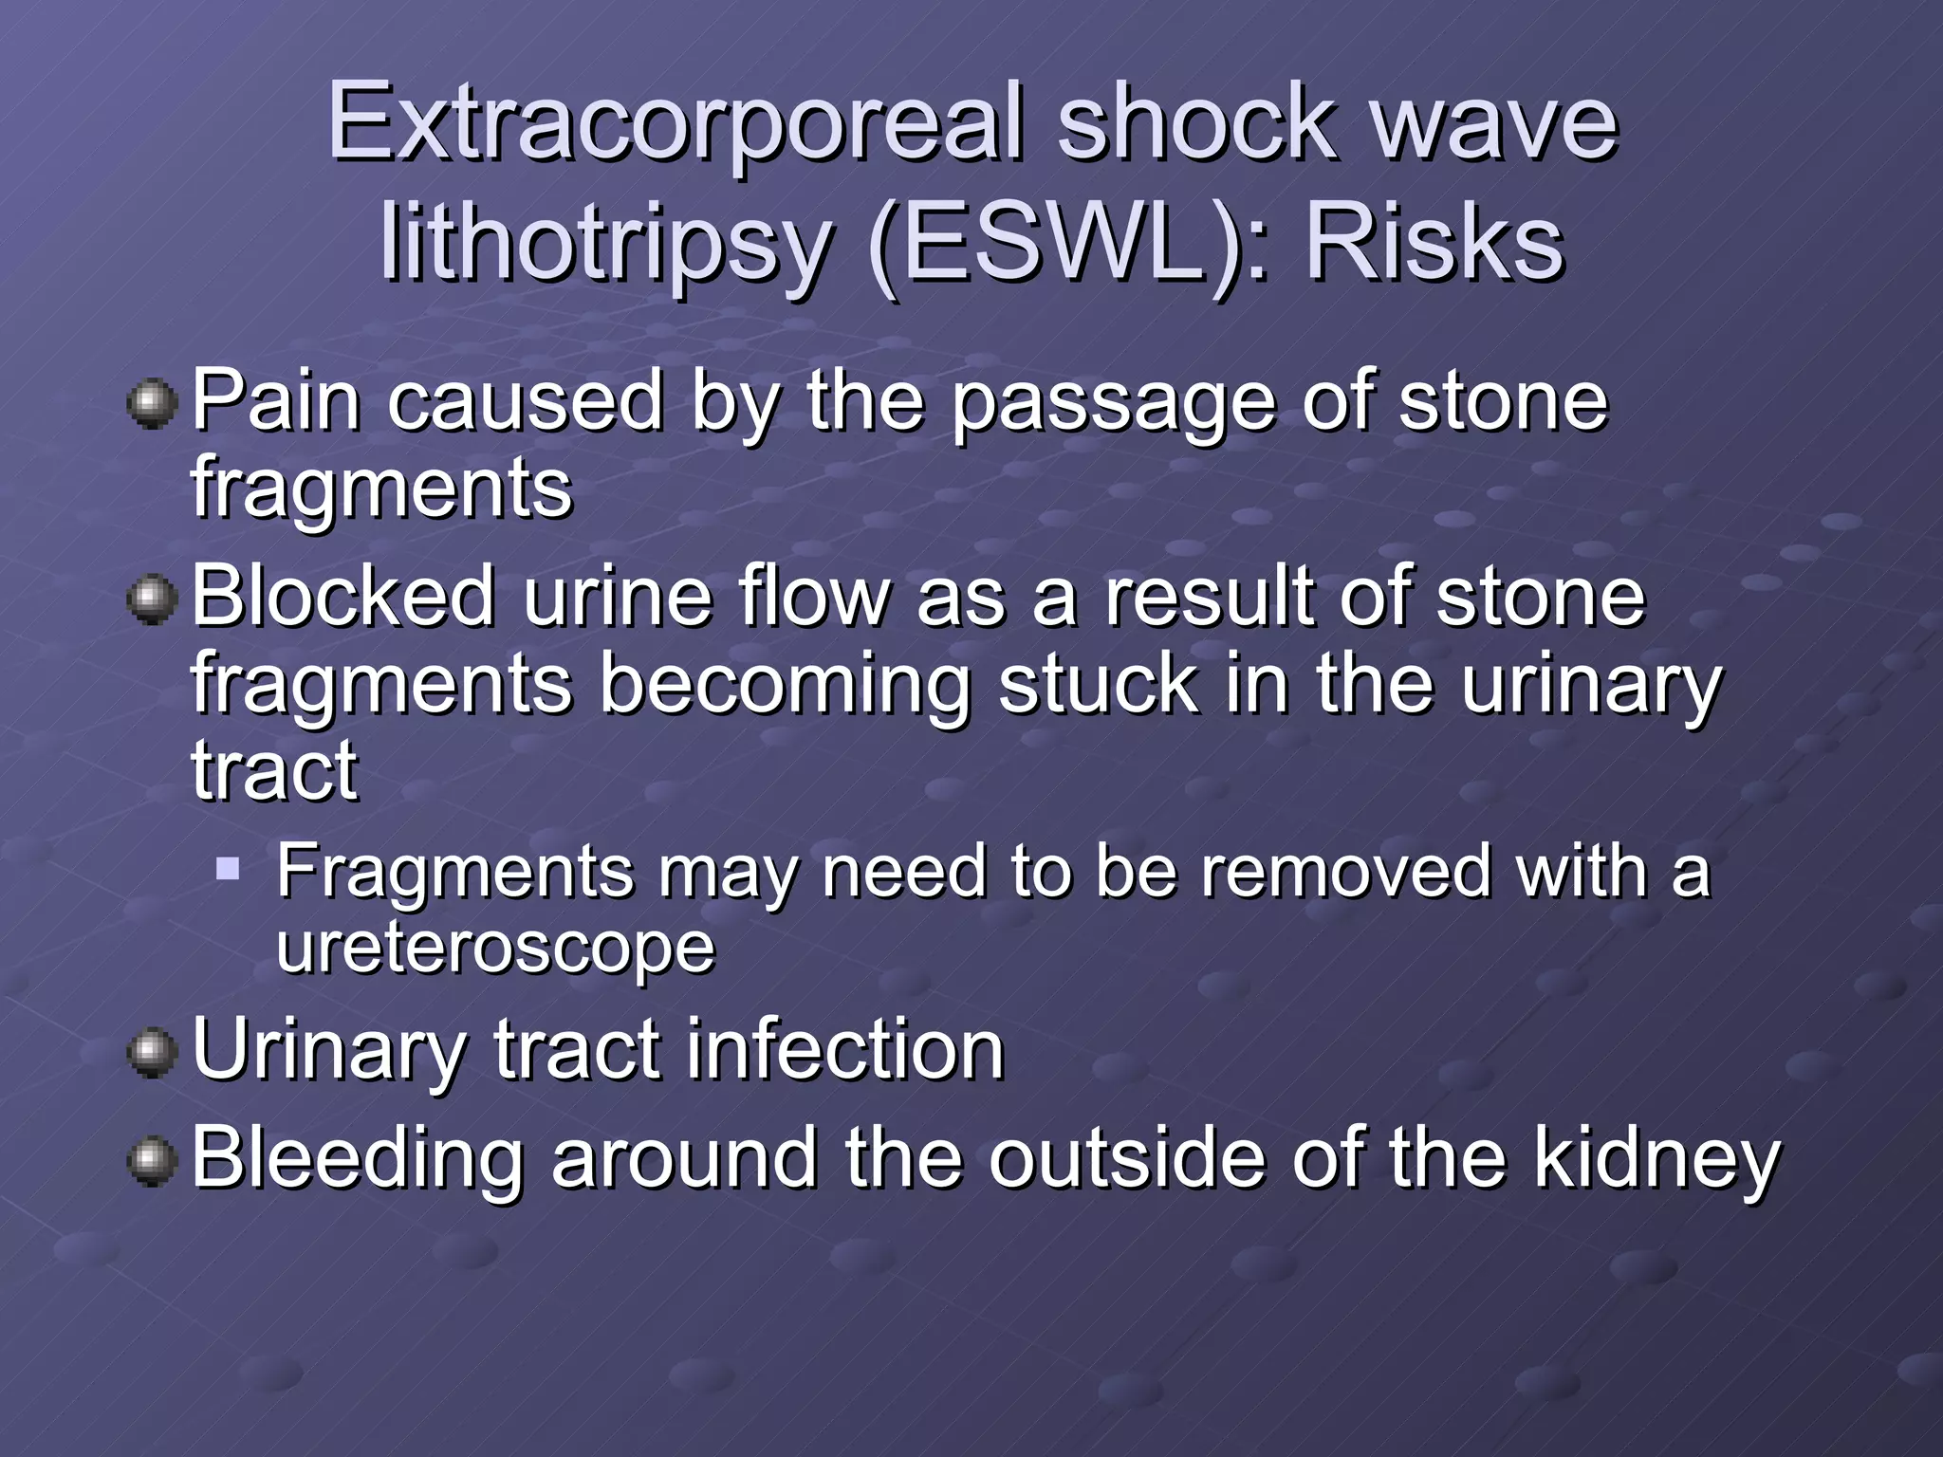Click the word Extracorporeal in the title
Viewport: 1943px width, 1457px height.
pos(676,123)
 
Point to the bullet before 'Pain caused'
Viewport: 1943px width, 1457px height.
pos(152,404)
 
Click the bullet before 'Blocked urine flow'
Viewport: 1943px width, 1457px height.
pos(152,599)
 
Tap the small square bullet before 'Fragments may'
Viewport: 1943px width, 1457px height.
pos(228,868)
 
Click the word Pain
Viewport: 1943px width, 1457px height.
pos(276,402)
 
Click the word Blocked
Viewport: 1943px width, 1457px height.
pos(343,597)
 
